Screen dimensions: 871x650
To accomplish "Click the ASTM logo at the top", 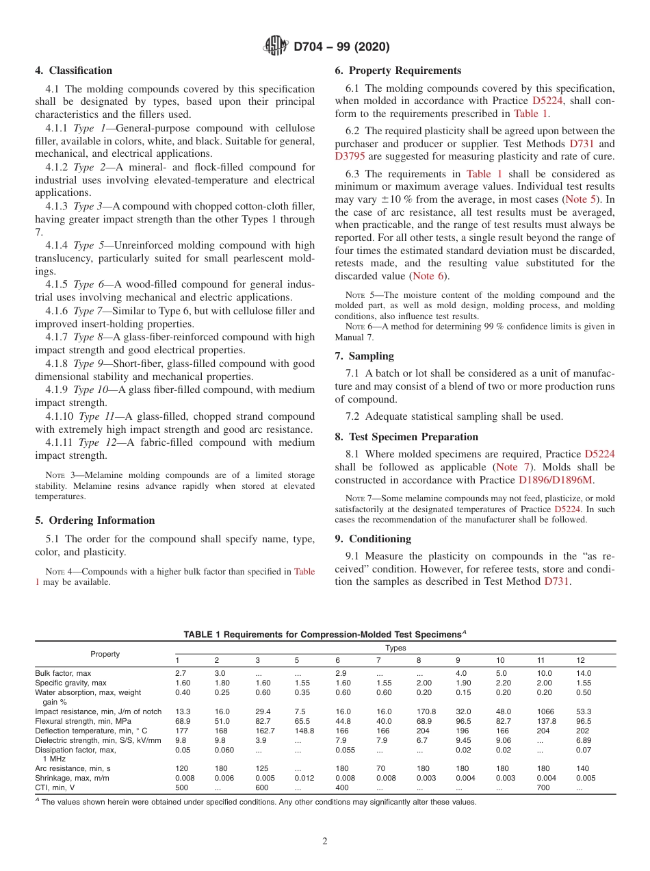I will click(277, 47).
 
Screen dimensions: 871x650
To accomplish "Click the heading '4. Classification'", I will click(74, 71).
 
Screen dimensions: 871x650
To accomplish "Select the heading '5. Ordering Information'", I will click(95, 520).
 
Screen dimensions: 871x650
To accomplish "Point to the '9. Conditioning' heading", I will click(373, 539).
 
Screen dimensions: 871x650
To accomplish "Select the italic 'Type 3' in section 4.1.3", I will click(88, 206).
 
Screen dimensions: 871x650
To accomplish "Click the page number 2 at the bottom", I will click(325, 842).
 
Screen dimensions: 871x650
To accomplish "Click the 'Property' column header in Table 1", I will click(105, 654).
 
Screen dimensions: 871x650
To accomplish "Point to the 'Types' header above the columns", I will click(395, 648).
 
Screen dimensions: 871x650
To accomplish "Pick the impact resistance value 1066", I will click(545, 711).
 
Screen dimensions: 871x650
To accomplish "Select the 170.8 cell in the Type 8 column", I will click(426, 711).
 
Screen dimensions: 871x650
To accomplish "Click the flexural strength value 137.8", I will click(547, 721).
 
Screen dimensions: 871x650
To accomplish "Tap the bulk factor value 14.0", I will click(584, 673).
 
